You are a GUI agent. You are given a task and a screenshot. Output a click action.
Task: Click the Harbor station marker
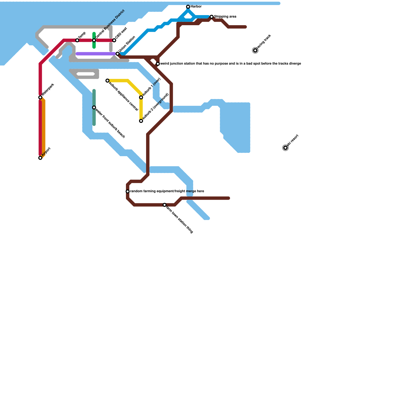pos(188,7)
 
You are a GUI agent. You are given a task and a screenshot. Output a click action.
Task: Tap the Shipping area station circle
pos(212,17)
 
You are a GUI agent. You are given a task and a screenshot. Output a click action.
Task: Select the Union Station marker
pos(117,54)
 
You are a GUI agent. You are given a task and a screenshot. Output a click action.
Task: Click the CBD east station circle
pos(114,40)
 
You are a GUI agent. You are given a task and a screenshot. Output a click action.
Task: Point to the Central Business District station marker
pos(94,40)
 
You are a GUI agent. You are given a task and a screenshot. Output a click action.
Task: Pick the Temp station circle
pos(77,40)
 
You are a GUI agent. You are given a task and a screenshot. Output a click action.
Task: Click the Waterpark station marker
pos(40,97)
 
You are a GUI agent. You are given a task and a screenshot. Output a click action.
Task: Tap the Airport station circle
pos(40,158)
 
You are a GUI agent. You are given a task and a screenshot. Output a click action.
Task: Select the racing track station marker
pos(255,50)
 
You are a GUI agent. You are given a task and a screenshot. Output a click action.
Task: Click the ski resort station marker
pos(285,148)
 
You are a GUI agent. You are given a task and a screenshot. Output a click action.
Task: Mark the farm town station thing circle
pos(164,205)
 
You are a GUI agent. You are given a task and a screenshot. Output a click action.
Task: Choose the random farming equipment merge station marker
pos(128,191)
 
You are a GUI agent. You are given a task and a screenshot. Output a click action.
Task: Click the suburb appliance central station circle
pos(108,81)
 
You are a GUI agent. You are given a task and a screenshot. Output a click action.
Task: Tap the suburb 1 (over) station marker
pos(141,97)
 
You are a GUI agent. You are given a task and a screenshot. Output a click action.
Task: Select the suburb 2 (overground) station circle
pos(141,121)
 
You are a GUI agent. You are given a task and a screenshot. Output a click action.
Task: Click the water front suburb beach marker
pos(94,108)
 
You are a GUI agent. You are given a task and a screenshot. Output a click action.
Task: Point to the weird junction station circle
pos(158,64)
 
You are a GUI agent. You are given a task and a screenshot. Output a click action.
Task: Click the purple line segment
pos(96,54)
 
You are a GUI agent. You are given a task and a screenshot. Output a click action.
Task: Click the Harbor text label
pos(196,7)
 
